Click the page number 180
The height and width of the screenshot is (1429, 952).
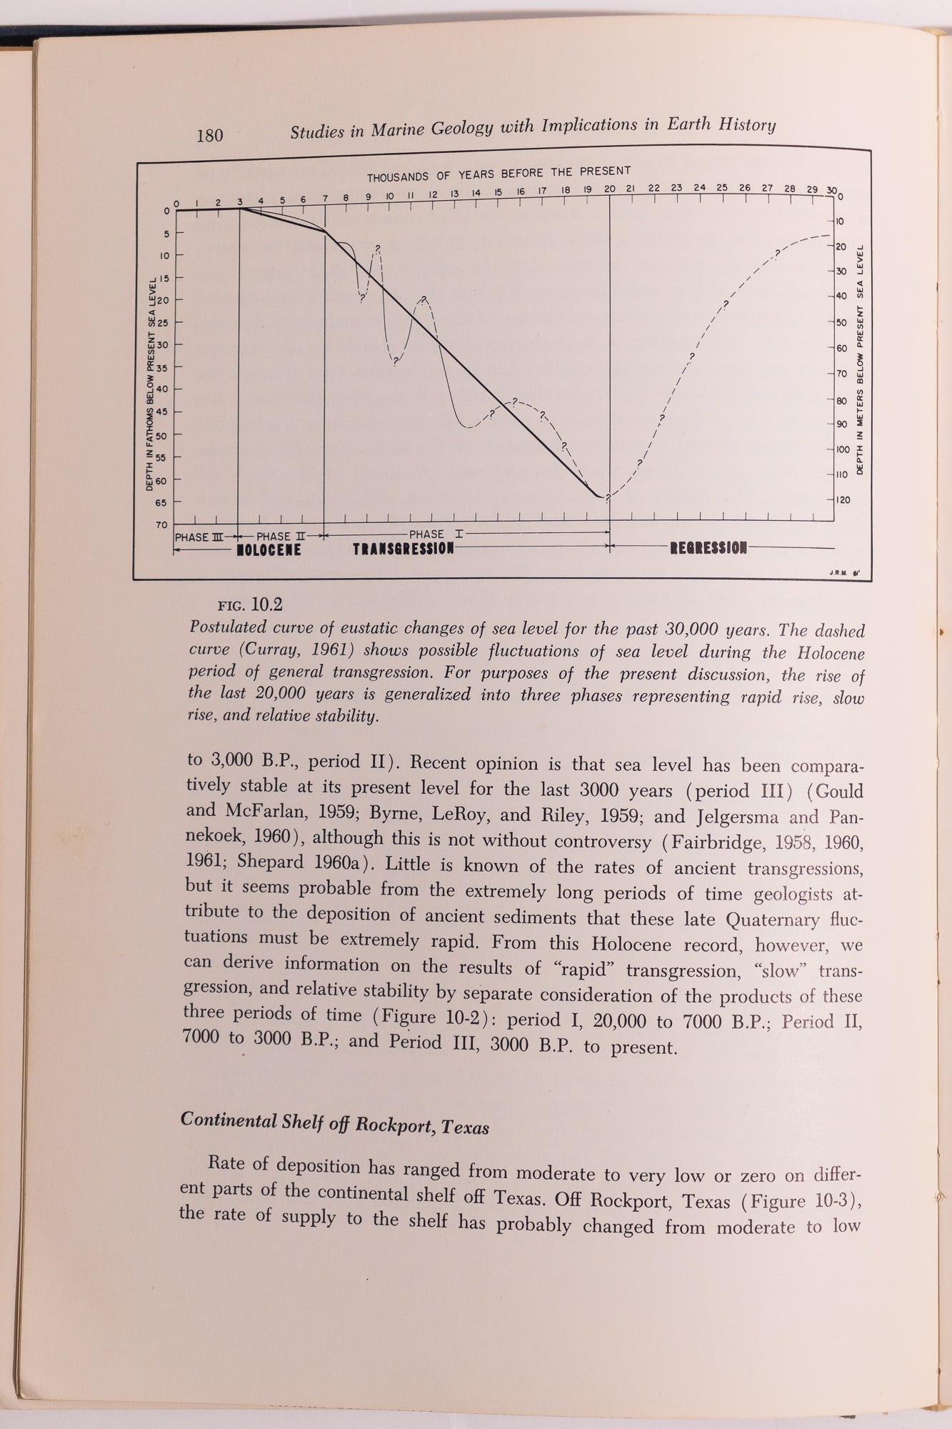click(x=210, y=135)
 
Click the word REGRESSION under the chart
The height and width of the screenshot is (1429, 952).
click(x=708, y=548)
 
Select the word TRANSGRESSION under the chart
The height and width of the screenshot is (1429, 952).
click(x=404, y=549)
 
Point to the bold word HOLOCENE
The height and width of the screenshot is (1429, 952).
click(x=269, y=550)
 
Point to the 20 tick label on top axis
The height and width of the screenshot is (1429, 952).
click(x=609, y=189)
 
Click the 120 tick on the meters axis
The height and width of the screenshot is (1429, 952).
click(x=843, y=500)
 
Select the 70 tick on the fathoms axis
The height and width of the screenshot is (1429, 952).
click(x=161, y=525)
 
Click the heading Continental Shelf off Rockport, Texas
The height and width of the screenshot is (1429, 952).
click(x=335, y=1122)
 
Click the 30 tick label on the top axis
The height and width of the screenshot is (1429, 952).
click(x=831, y=190)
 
